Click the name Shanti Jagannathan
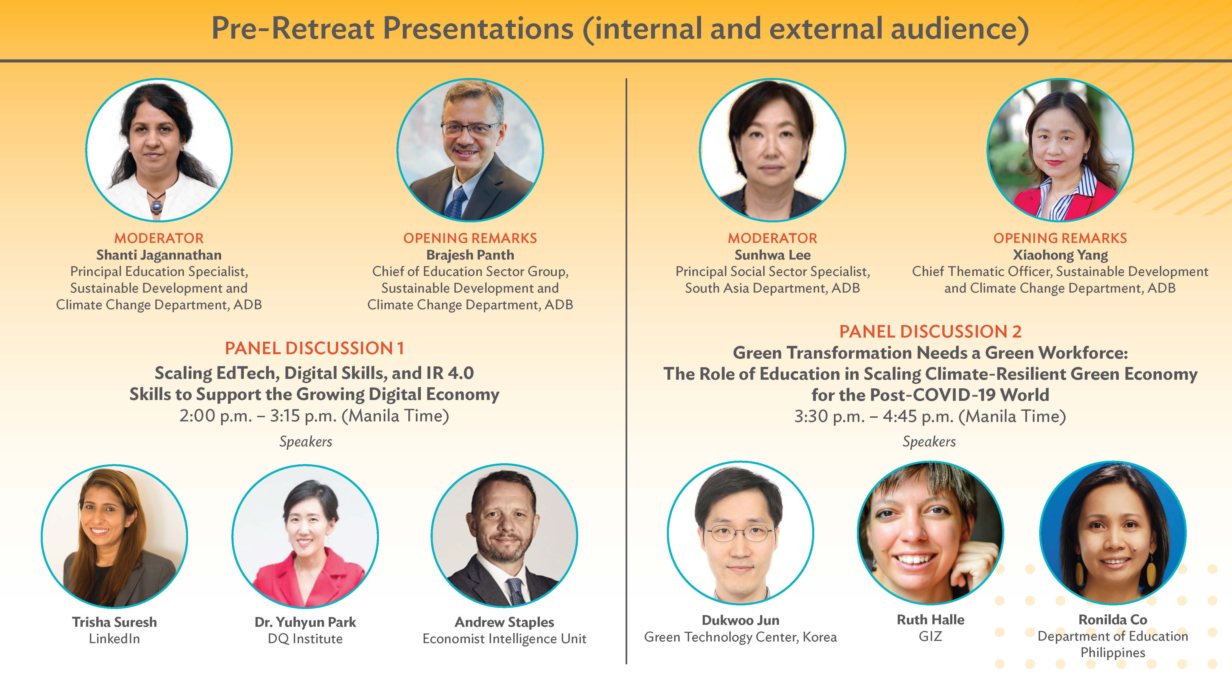(159, 255)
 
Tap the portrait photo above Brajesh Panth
(470, 150)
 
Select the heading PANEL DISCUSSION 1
(314, 348)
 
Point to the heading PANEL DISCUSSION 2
(930, 331)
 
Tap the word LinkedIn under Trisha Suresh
(114, 639)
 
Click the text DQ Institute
(305, 639)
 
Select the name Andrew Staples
(505, 622)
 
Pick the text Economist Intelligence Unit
(505, 639)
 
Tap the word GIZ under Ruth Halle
(930, 636)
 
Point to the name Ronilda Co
(1113, 620)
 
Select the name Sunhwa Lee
(772, 255)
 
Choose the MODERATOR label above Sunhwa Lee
(772, 238)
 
